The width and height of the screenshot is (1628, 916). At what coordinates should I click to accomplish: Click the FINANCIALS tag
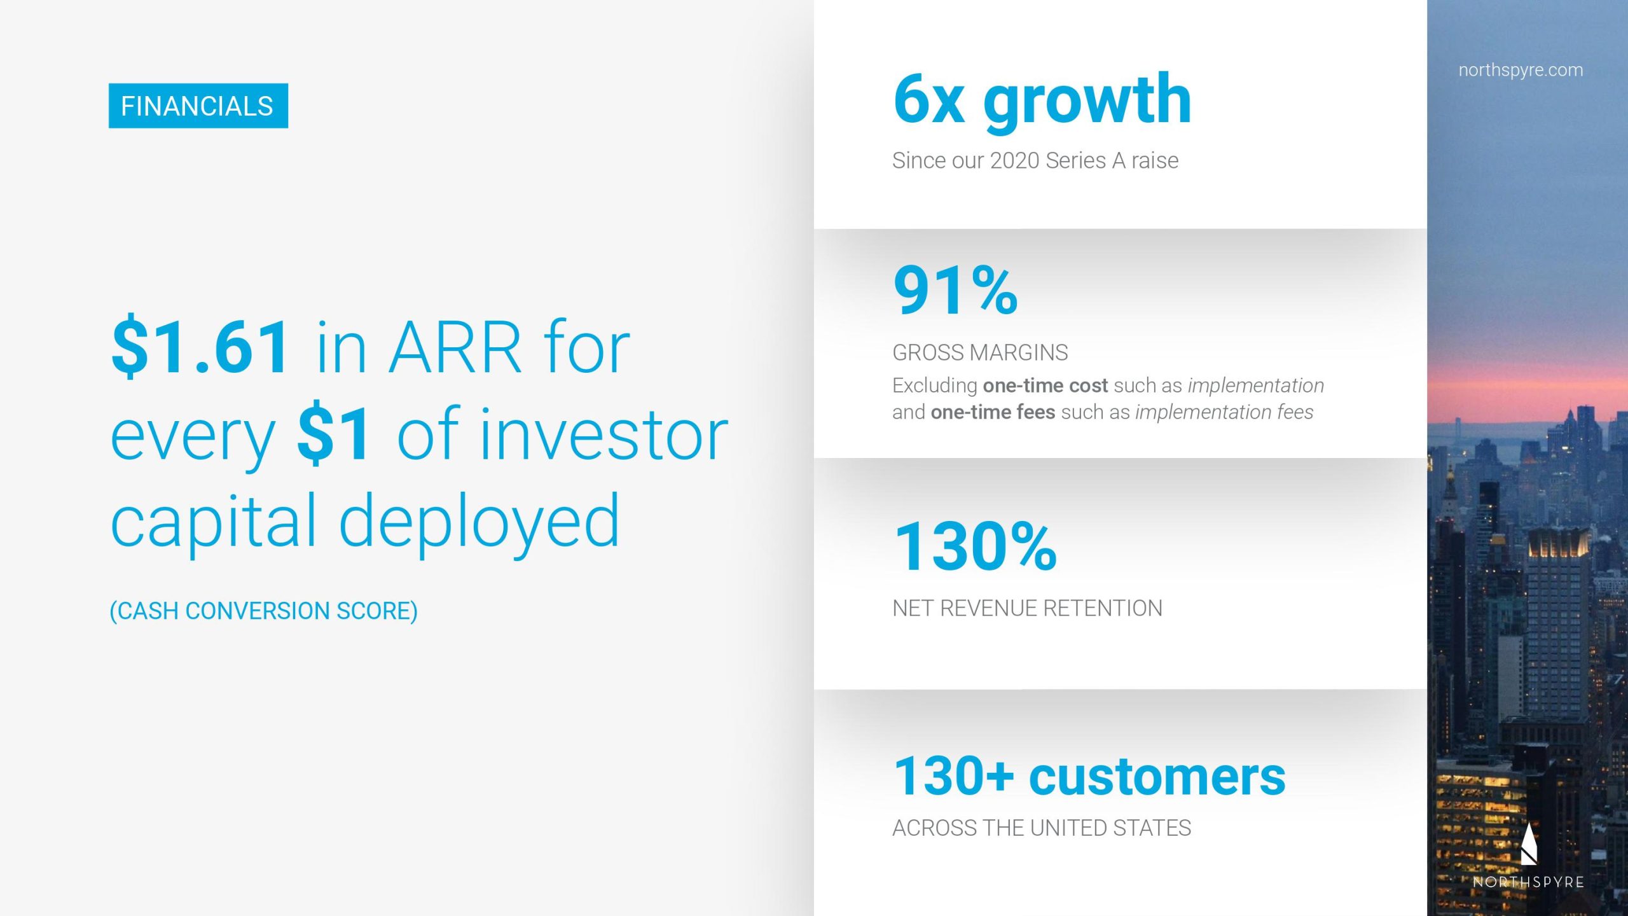[x=198, y=106]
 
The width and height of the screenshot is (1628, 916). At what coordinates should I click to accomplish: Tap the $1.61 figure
[x=201, y=347]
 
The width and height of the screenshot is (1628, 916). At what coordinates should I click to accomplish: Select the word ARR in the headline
[x=455, y=347]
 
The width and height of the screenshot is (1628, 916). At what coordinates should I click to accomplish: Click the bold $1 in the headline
[x=333, y=434]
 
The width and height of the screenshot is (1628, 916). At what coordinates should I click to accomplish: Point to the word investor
[x=604, y=434]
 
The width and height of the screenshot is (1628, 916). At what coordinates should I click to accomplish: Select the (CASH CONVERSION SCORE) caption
[x=264, y=611]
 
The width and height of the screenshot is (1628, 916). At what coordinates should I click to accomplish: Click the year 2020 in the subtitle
[x=1014, y=160]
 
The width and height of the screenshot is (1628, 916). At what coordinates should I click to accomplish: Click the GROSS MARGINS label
[x=980, y=352]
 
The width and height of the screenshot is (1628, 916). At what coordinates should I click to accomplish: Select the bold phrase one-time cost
[x=1045, y=385]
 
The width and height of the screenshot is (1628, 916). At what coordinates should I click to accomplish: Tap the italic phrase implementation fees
[x=1224, y=412]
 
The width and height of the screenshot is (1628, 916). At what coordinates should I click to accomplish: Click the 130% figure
[x=976, y=546]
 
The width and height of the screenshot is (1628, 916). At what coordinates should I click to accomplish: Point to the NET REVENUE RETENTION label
[x=1027, y=608]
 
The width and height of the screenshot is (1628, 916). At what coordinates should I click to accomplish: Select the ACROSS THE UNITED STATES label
[x=1042, y=828]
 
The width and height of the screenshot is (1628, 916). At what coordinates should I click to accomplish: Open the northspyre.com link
[x=1521, y=70]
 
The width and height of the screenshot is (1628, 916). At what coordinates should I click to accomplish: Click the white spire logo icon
[x=1529, y=843]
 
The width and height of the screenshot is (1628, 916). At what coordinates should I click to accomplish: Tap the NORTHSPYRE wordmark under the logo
[x=1528, y=882]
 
